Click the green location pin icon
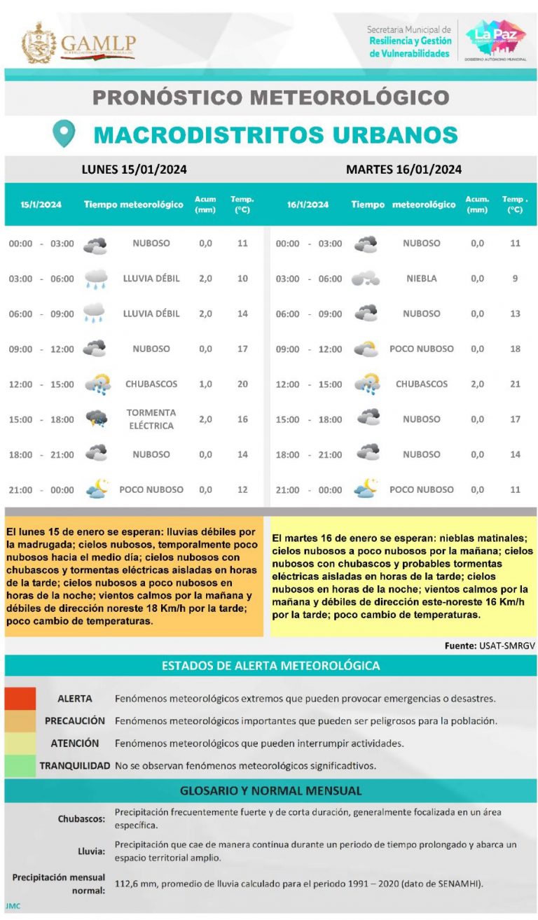[x=64, y=133]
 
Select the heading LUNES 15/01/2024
[x=134, y=169]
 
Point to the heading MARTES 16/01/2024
[x=403, y=169]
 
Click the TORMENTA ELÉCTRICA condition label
[x=151, y=419]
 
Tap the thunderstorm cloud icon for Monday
[x=96, y=419]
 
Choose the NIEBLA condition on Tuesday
[x=421, y=279]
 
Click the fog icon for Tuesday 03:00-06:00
[x=365, y=279]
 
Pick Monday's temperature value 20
[x=242, y=384]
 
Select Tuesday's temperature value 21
[x=515, y=384]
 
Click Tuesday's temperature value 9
[x=515, y=279]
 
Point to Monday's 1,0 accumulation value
[x=205, y=384]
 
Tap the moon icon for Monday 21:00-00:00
[x=96, y=489]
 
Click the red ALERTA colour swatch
[x=20, y=698]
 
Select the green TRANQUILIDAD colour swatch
[x=20, y=765]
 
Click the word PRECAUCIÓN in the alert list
[x=75, y=720]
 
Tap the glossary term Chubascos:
[x=82, y=818]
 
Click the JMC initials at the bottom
[x=13, y=906]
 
